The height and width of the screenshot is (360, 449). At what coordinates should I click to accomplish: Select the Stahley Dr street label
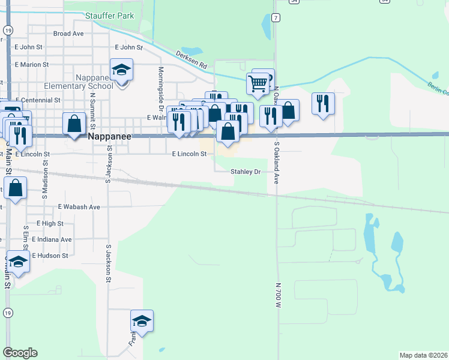tap(246, 172)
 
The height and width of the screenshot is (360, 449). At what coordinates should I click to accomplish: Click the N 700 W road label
tap(278, 295)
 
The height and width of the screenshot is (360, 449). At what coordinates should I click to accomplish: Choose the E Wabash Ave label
tap(79, 206)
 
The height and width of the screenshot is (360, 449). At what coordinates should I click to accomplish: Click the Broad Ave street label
tap(68, 34)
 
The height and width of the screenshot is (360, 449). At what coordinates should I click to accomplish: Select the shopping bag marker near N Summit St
tap(74, 124)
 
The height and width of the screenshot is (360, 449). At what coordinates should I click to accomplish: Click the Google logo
tap(20, 353)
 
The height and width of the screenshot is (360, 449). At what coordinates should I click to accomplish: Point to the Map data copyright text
tap(424, 355)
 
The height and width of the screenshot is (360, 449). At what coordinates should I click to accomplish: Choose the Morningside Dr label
tap(161, 88)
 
